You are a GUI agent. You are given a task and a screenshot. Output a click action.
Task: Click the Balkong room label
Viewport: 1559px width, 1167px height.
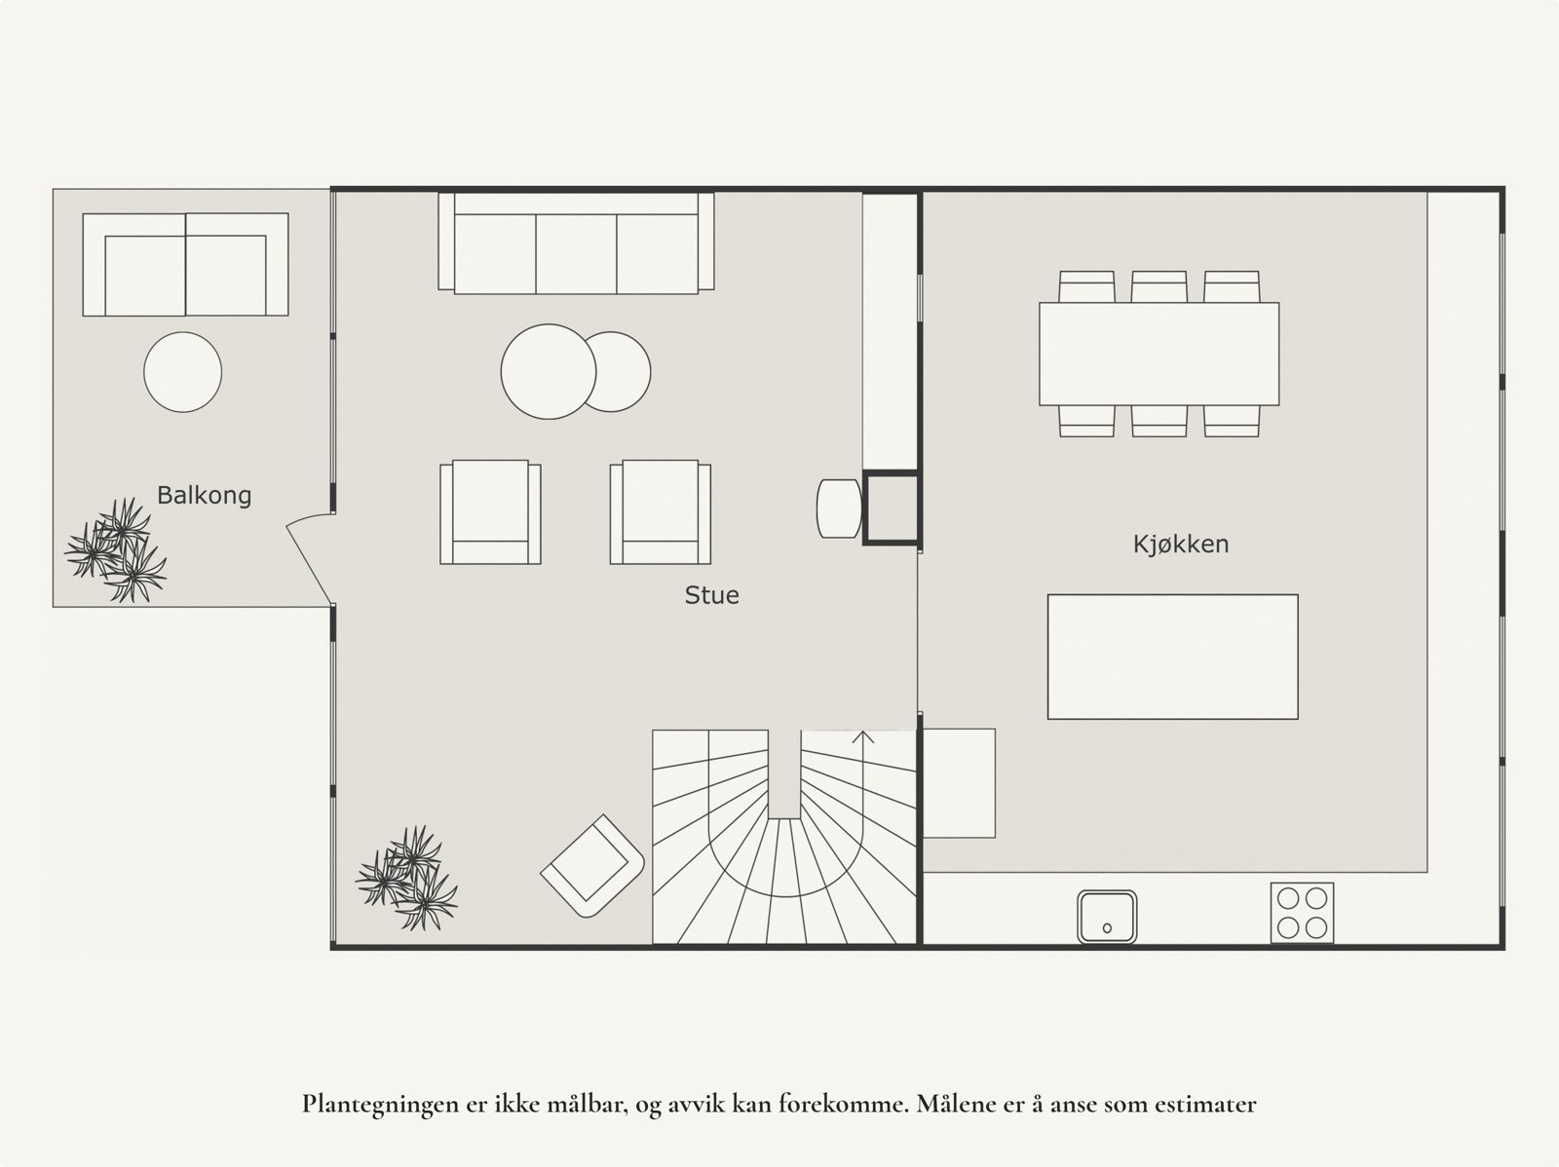tap(204, 495)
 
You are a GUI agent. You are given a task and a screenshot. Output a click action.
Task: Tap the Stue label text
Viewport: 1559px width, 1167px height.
tap(711, 595)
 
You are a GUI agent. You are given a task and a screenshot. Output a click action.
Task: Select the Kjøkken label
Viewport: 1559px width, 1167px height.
tap(1180, 544)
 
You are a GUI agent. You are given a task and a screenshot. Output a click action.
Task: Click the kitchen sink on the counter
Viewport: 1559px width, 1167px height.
tap(1107, 917)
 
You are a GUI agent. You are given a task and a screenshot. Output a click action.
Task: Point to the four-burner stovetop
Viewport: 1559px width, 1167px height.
tap(1302, 913)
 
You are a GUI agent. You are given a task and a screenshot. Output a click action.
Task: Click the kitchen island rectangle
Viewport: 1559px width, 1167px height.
tap(1172, 657)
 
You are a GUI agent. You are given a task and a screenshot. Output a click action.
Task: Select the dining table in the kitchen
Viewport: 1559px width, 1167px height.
tap(1159, 354)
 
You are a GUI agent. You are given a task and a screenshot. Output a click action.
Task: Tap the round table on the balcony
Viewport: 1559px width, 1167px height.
tap(183, 372)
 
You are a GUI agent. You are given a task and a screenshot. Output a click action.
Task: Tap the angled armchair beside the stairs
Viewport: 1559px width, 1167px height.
tap(592, 865)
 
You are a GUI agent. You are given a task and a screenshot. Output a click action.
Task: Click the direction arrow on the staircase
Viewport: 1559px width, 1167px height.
tap(863, 736)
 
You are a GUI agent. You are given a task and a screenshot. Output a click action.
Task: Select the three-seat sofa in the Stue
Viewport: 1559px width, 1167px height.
tap(576, 244)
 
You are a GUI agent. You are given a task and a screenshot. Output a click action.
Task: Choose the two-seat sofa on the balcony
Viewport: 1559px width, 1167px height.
tap(185, 265)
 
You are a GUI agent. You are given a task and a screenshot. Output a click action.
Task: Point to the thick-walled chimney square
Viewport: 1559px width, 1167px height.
tap(892, 507)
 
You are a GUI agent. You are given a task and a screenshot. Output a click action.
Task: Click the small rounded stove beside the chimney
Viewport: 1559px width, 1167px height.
tap(838, 508)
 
